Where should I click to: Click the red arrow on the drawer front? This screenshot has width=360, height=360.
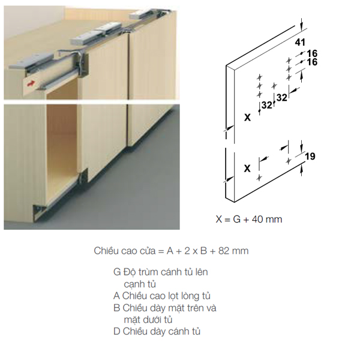31,83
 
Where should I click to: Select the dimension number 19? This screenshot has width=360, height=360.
310,157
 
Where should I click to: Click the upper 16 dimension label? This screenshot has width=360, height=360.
312,53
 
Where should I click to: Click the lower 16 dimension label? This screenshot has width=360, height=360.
312,62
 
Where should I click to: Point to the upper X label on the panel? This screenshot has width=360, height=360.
247,118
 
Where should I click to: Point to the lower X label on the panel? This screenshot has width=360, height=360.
247,169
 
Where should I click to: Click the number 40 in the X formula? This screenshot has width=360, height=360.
257,219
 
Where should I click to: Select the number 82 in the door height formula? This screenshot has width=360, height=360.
224,251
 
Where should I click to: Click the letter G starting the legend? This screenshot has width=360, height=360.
117,272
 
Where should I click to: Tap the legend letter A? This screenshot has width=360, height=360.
116,296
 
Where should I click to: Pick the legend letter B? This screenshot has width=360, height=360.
116,308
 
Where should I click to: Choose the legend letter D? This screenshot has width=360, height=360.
116,331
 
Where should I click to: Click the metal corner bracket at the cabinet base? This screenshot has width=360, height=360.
39,211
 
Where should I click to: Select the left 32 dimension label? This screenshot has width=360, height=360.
266,105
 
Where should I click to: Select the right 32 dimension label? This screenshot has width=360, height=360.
282,98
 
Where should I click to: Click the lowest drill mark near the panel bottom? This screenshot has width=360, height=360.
259,178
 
